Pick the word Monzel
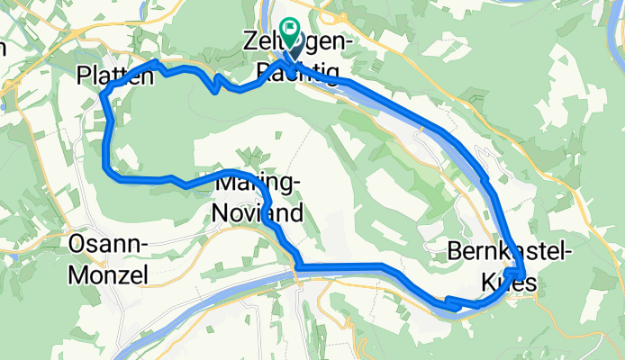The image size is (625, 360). [x=109, y=275]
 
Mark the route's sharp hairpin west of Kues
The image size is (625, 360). [x=448, y=301]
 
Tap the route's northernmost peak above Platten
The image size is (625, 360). [x=157, y=62]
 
